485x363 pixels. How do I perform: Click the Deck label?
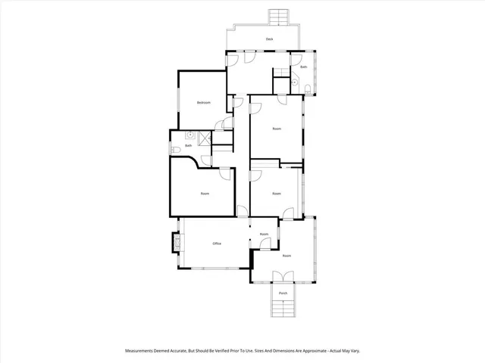click(x=269, y=39)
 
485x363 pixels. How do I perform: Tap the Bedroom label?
click(x=203, y=102)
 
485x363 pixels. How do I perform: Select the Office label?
click(x=217, y=244)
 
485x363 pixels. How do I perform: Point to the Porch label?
click(x=283, y=293)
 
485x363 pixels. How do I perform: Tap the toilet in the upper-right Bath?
click(x=306, y=91)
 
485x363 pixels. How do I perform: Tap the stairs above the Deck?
click(x=280, y=17)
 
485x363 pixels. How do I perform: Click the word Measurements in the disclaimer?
click(x=142, y=351)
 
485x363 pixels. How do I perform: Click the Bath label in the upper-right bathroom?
click(x=303, y=67)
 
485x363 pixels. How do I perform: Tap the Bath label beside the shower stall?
click(x=177, y=145)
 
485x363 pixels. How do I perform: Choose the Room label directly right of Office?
click(x=264, y=234)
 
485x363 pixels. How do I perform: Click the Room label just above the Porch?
click(x=286, y=256)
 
